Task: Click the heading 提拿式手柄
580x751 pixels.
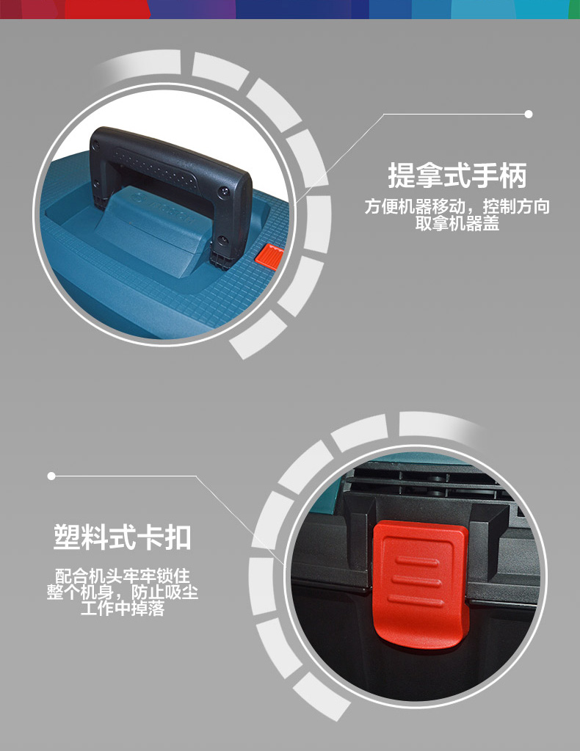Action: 457,175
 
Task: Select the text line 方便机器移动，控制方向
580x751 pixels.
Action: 457,206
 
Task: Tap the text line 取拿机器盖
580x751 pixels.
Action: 457,223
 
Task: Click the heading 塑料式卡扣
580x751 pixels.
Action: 123,537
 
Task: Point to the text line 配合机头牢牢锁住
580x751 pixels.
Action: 123,575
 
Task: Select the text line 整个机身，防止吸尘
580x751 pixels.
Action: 123,592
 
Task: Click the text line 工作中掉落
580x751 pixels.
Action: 123,609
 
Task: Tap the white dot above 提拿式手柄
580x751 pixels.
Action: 529,114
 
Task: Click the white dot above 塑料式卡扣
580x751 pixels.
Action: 51,476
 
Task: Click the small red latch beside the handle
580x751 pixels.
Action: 269,256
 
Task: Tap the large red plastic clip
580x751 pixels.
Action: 418,585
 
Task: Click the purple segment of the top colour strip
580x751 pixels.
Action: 192,9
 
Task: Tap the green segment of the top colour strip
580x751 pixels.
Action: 574,9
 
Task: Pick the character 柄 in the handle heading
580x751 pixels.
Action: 513,175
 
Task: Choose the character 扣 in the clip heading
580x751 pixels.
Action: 178,537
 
